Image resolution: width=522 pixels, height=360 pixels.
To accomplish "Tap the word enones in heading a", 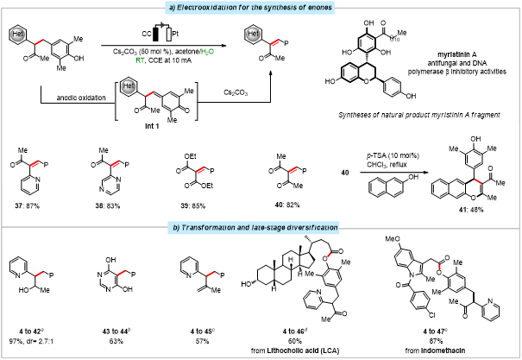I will (x=318, y=8).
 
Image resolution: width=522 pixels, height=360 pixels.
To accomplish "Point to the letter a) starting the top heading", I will (x=171, y=8).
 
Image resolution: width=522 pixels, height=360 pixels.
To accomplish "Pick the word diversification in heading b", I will (x=310, y=228).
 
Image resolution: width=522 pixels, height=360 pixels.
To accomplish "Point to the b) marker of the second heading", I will (x=176, y=228).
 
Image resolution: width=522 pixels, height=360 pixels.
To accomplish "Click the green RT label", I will (x=140, y=60).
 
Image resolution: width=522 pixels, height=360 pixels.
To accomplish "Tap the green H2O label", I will (x=207, y=52).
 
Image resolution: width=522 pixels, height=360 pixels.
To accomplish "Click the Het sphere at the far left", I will (x=17, y=35).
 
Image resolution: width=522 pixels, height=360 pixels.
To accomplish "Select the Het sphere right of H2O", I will (x=253, y=35).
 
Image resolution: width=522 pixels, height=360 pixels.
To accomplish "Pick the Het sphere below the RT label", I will (x=129, y=86).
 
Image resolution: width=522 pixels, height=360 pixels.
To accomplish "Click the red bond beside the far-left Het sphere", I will (x=39, y=41).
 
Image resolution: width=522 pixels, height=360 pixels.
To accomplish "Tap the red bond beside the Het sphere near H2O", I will (x=274, y=42).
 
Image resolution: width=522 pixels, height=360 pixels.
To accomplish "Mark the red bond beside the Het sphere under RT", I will (x=149, y=93).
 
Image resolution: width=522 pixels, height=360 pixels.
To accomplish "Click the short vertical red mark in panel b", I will (x=439, y=267).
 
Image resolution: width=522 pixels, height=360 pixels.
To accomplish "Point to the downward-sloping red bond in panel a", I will (x=478, y=180).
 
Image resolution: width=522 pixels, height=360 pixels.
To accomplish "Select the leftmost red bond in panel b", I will (x=39, y=274).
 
